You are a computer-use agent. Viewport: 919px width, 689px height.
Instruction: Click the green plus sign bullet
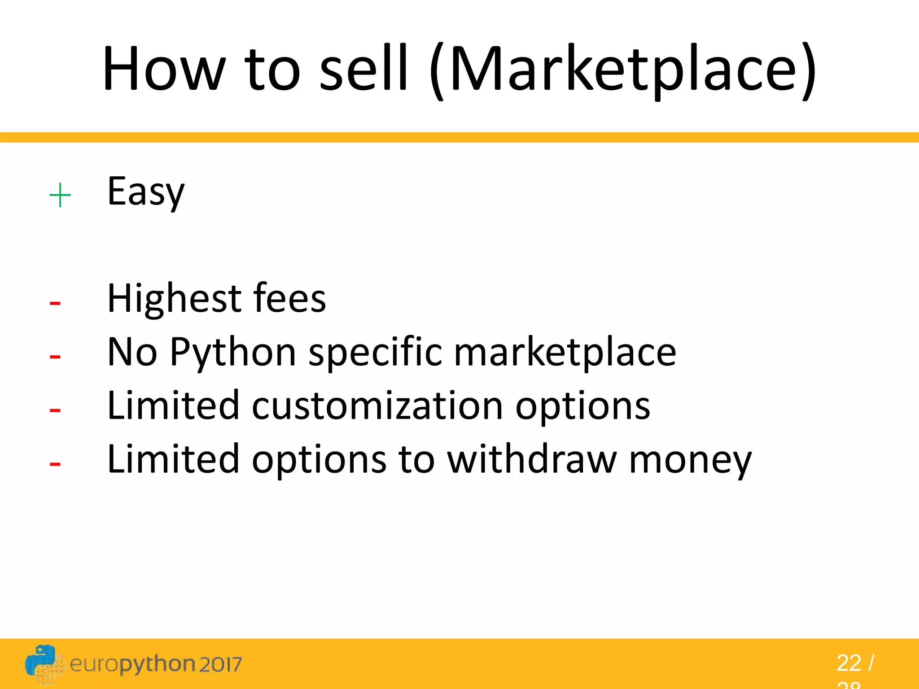(x=60, y=196)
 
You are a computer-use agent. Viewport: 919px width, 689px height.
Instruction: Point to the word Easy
(x=146, y=192)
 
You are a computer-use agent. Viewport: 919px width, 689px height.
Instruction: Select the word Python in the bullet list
(x=232, y=353)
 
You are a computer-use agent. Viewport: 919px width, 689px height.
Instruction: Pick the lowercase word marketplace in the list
(x=565, y=353)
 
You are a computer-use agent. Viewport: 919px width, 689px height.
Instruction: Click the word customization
(x=377, y=406)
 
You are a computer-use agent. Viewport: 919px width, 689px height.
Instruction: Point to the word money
(x=690, y=460)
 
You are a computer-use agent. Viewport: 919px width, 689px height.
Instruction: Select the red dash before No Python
(x=55, y=357)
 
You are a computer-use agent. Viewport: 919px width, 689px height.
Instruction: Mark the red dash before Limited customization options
(x=55, y=410)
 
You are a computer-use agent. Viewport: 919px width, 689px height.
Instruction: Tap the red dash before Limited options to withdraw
(x=55, y=464)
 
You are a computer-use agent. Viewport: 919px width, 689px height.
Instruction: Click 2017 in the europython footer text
(x=220, y=665)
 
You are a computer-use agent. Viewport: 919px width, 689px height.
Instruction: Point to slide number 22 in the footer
(x=849, y=663)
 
